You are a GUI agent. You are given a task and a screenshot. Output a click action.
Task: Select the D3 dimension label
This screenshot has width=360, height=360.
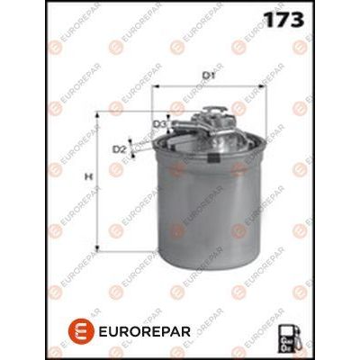point(158,123)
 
